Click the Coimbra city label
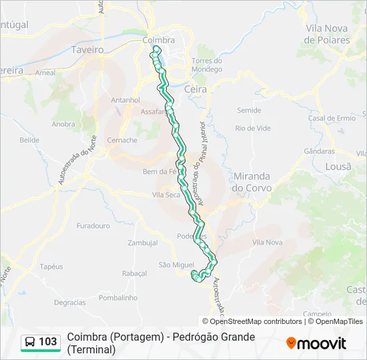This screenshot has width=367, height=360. (x=158, y=40)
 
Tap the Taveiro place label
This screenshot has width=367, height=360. (x=86, y=49)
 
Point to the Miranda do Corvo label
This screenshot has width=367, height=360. (x=252, y=182)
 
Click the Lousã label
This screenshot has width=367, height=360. (x=337, y=167)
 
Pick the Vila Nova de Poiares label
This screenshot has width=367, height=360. (x=327, y=34)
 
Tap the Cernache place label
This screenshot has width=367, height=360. (x=123, y=141)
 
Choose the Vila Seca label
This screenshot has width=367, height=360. (x=166, y=195)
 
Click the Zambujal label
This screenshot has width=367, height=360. (x=142, y=243)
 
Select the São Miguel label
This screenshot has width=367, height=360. (x=176, y=265)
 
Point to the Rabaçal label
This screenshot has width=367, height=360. (x=134, y=273)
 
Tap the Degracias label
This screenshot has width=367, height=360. (x=69, y=302)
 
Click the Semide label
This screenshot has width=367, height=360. (x=249, y=110)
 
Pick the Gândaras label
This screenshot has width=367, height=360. (x=319, y=151)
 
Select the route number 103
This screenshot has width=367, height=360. (x=48, y=342)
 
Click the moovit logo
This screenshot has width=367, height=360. (x=316, y=343)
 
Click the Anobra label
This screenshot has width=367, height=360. (x=63, y=124)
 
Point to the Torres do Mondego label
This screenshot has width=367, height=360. (x=206, y=65)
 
